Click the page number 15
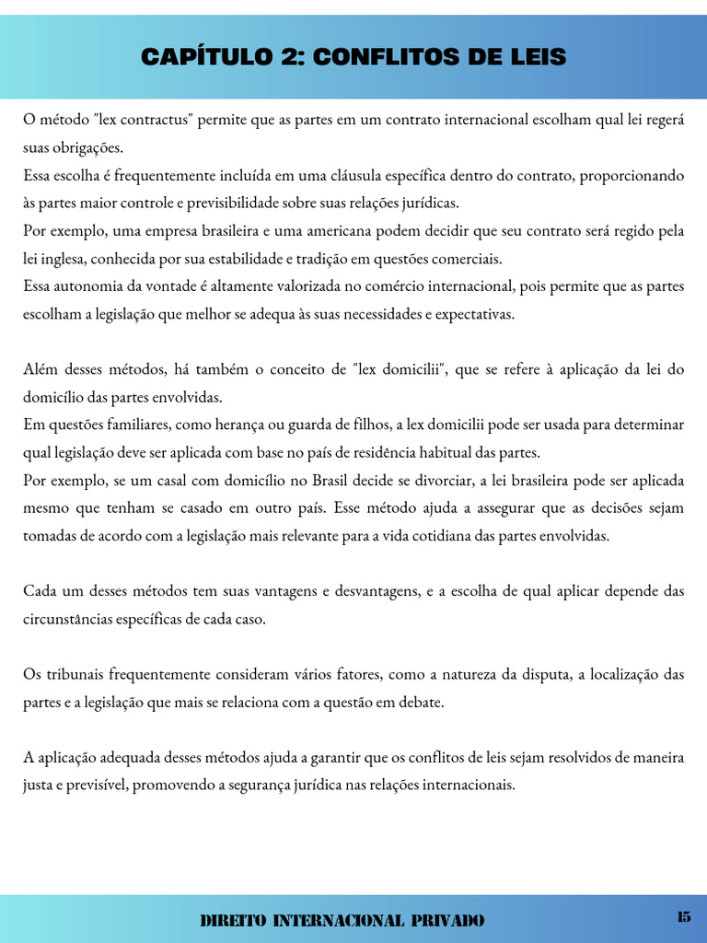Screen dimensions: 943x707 coord(683,916)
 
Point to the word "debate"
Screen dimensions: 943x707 coord(423,702)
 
